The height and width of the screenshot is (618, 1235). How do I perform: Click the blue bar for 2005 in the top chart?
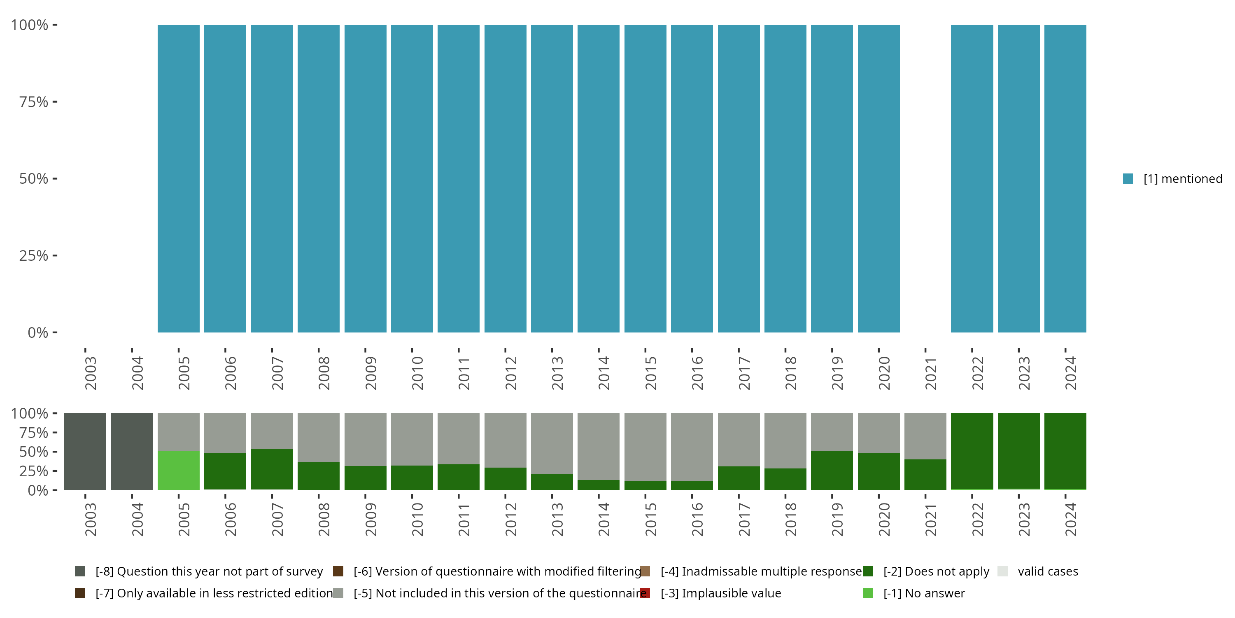pyautogui.click(x=178, y=178)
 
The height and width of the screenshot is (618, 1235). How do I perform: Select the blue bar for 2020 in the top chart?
pyautogui.click(x=878, y=178)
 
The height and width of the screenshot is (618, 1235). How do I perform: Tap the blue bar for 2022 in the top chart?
pyautogui.click(x=972, y=178)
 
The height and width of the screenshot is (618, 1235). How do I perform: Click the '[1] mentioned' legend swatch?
pyautogui.click(x=1128, y=178)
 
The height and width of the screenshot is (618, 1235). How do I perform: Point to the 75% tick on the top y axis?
pyautogui.click(x=55, y=102)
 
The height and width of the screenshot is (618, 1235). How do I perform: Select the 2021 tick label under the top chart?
pyautogui.click(x=930, y=373)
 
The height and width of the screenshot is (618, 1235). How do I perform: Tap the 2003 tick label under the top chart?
pyautogui.click(x=90, y=373)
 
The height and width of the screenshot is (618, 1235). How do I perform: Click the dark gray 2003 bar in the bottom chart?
pyautogui.click(x=85, y=452)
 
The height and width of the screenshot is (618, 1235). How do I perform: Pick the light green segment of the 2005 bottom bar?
pyautogui.click(x=178, y=470)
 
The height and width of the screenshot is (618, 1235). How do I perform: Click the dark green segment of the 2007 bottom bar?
pyautogui.click(x=272, y=469)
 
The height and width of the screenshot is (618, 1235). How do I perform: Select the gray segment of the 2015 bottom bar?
pyautogui.click(x=645, y=447)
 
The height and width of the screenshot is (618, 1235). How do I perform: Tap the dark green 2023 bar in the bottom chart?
pyautogui.click(x=1019, y=451)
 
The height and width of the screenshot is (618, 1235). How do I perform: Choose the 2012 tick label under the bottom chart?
pyautogui.click(x=510, y=520)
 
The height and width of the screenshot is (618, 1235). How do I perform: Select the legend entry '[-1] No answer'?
pyautogui.click(x=924, y=593)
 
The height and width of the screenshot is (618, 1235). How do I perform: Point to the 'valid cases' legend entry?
pyautogui.click(x=1048, y=571)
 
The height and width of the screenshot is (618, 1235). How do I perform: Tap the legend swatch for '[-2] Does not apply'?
pyautogui.click(x=868, y=571)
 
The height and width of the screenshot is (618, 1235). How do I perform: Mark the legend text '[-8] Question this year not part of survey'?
pyautogui.click(x=209, y=571)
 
